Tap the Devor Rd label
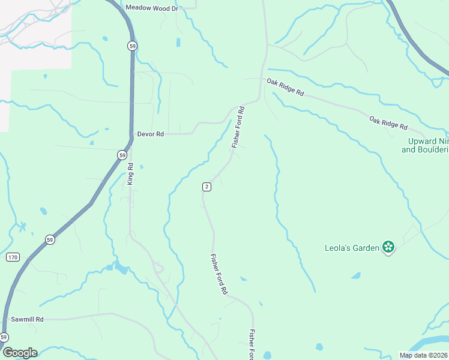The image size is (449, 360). click(150, 134)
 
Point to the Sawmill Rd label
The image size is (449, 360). click(23, 320)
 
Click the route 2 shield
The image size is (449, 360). click(206, 187)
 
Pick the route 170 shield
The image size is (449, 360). click(13, 257)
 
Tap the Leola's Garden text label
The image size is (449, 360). click(352, 247)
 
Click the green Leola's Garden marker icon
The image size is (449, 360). click(388, 247)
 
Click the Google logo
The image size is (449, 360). click(19, 353)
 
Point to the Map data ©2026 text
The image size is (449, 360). click(424, 355)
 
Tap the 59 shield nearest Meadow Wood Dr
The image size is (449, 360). click(131, 46)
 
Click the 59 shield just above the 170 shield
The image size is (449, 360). click(49, 240)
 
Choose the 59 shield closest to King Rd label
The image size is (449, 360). click(122, 155)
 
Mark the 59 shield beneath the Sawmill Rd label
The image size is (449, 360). click(4, 337)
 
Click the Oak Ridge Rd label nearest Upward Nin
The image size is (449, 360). click(388, 124)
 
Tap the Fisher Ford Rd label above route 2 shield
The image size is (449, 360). click(239, 127)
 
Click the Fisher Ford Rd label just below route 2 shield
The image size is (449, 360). click(218, 274)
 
